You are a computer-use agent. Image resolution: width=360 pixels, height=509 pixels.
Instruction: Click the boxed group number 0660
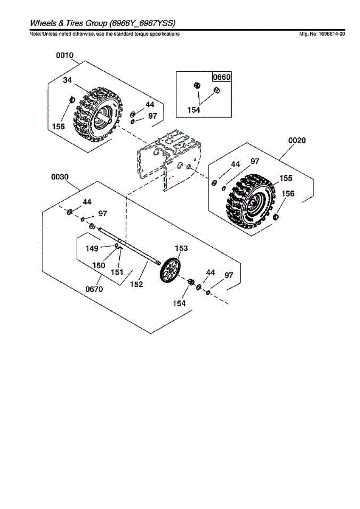tap(222, 77)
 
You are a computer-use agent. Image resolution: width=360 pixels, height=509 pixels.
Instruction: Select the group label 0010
tap(65, 55)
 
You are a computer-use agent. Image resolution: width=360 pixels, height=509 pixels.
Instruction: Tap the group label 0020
tap(297, 140)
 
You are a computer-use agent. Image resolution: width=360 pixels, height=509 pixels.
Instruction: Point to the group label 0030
tap(60, 177)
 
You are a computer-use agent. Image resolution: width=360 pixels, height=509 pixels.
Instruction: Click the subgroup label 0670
tap(94, 289)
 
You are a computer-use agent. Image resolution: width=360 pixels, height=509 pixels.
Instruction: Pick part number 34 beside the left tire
tap(67, 80)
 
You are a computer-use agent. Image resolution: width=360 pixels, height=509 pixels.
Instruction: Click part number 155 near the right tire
tap(286, 178)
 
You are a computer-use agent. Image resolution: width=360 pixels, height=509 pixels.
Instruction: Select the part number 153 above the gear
tap(181, 248)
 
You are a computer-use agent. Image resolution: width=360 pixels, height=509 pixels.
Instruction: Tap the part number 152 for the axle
tap(136, 284)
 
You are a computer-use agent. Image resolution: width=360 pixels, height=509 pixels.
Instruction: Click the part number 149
tap(92, 249)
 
